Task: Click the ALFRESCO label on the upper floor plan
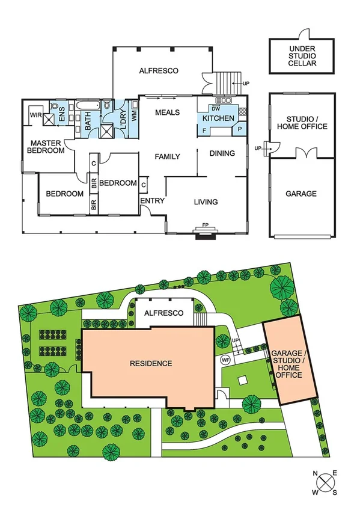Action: (159, 70)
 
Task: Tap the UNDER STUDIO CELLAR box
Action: (302, 55)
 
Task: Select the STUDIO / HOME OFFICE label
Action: (307, 122)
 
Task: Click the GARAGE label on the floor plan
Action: (301, 194)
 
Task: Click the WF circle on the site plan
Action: (226, 360)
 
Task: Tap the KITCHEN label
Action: (222, 118)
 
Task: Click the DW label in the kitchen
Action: (214, 108)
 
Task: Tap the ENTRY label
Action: (151, 201)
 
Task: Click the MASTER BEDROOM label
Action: (47, 147)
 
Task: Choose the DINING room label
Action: (222, 153)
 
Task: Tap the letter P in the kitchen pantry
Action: (240, 129)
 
